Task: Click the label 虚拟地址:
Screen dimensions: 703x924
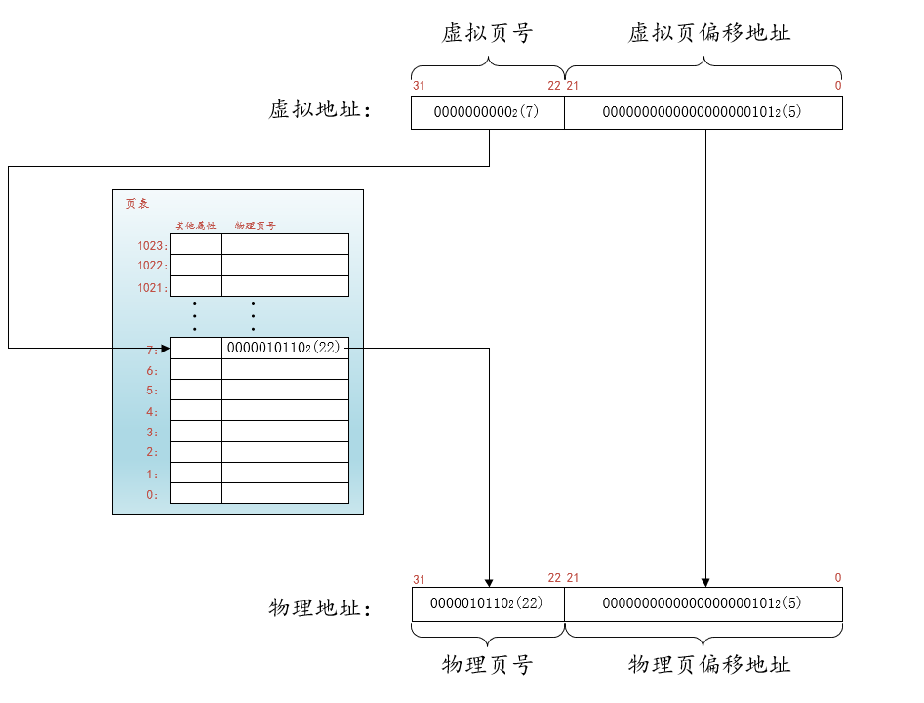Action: click(x=320, y=110)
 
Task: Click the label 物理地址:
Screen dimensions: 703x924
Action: click(x=320, y=609)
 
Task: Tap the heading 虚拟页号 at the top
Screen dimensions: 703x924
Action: click(x=487, y=34)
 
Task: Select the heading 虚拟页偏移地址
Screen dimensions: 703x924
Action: click(x=709, y=34)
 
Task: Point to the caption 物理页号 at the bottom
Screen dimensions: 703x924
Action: click(x=487, y=666)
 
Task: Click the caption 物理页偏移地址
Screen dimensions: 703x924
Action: click(x=709, y=666)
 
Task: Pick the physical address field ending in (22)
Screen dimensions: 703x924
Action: click(x=487, y=603)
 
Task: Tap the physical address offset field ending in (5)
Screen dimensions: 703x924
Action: click(x=703, y=603)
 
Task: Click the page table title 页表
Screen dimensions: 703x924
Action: click(x=138, y=204)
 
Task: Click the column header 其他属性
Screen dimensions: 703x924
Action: click(x=195, y=226)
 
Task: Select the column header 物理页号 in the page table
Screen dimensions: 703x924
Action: click(x=256, y=226)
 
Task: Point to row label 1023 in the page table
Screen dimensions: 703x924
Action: click(x=152, y=246)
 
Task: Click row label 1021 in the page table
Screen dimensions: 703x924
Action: click(x=152, y=288)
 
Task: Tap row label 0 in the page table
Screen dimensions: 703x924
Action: click(x=152, y=495)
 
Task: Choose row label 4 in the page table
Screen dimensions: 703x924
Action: click(x=152, y=412)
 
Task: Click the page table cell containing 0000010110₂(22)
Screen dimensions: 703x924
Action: click(x=284, y=348)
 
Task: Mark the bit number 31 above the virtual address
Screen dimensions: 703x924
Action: click(x=419, y=86)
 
